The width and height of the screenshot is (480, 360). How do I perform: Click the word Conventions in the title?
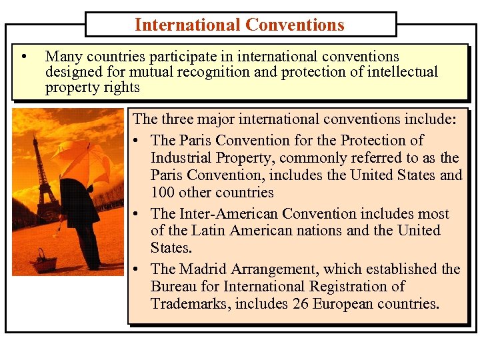click(x=295, y=25)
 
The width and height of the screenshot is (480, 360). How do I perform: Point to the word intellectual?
click(x=403, y=72)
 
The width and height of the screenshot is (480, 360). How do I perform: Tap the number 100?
click(x=163, y=193)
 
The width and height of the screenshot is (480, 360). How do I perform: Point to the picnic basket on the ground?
click(x=45, y=261)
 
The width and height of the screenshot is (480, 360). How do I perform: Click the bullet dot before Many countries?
click(x=24, y=57)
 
